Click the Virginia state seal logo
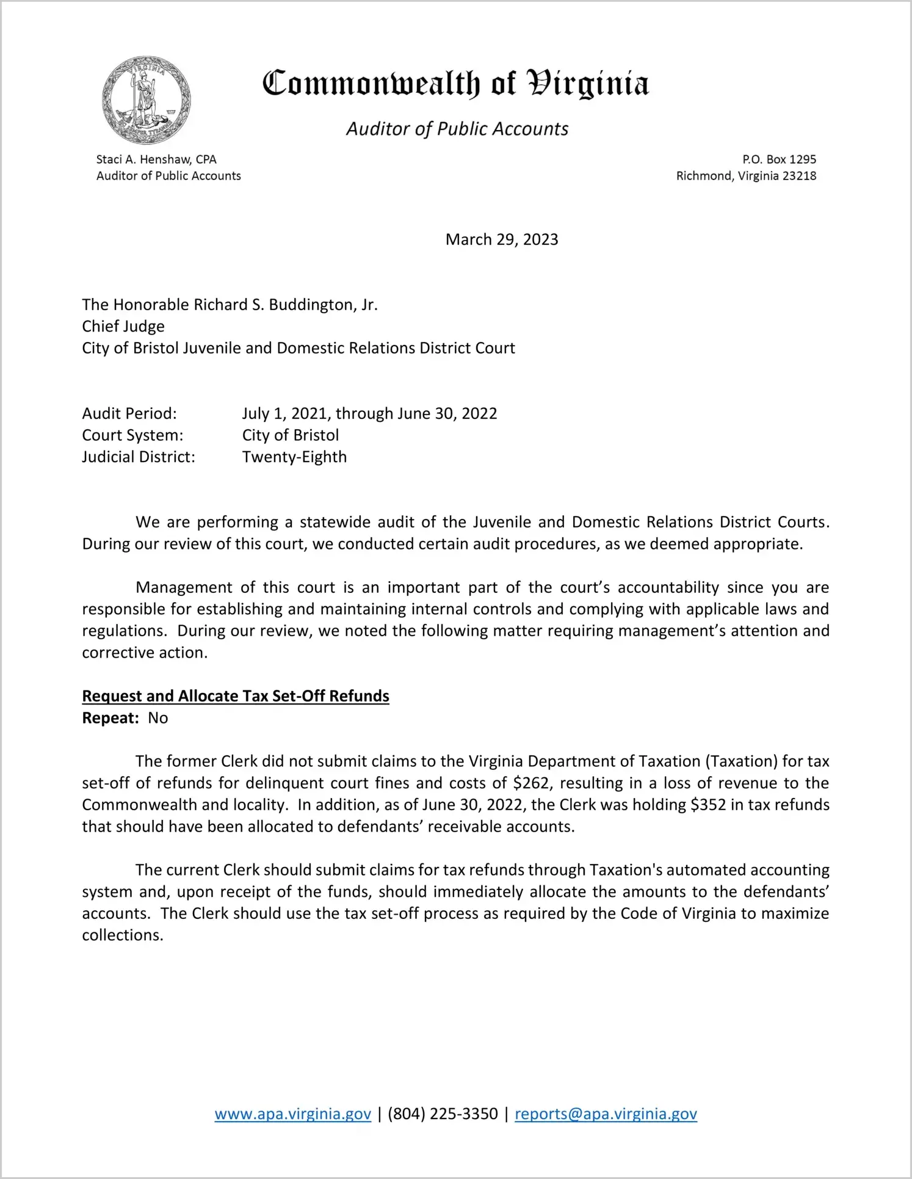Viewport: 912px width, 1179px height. pyautogui.click(x=147, y=100)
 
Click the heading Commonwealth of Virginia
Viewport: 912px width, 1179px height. pyautogui.click(x=455, y=84)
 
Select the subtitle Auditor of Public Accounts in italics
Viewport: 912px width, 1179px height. pyautogui.click(x=457, y=129)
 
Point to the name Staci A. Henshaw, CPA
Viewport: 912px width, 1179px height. pyautogui.click(x=156, y=159)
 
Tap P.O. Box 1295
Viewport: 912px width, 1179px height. pyautogui.click(x=779, y=159)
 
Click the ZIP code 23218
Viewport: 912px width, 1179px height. pyautogui.click(x=799, y=176)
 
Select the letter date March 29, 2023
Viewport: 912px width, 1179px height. pyautogui.click(x=502, y=239)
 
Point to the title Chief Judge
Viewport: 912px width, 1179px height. pyautogui.click(x=123, y=326)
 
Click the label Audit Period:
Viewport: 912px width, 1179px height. pyautogui.click(x=129, y=413)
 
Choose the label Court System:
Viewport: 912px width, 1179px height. pyautogui.click(x=132, y=435)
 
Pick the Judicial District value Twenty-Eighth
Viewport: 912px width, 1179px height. pyautogui.click(x=294, y=457)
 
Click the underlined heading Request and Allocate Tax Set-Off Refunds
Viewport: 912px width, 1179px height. pyautogui.click(x=236, y=696)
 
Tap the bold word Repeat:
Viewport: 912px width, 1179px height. pyautogui.click(x=110, y=718)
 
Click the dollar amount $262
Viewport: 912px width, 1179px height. pyautogui.click(x=531, y=783)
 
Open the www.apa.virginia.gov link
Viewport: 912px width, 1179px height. pyautogui.click(x=293, y=1114)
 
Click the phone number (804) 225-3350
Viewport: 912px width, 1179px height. pyautogui.click(x=443, y=1114)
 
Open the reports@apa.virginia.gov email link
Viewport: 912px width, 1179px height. pyautogui.click(x=606, y=1114)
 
